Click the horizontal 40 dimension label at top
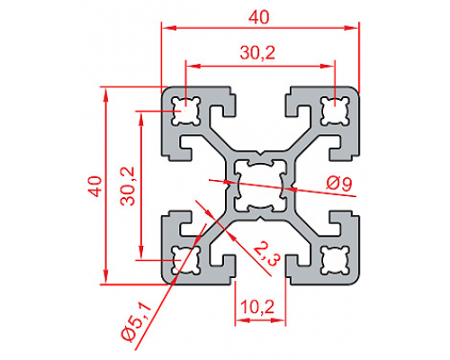(259, 18)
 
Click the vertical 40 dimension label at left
(96, 186)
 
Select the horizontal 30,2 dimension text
(257, 53)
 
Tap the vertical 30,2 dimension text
(128, 186)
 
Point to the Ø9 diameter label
(339, 184)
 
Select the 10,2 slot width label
(257, 307)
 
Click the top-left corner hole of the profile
(185, 111)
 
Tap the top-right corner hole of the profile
(336, 111)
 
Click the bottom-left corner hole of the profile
(185, 260)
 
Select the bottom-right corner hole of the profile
(336, 260)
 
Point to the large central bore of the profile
(260, 185)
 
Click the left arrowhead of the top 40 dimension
(168, 28)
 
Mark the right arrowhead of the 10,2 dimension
(279, 320)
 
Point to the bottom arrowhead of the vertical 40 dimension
(105, 276)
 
